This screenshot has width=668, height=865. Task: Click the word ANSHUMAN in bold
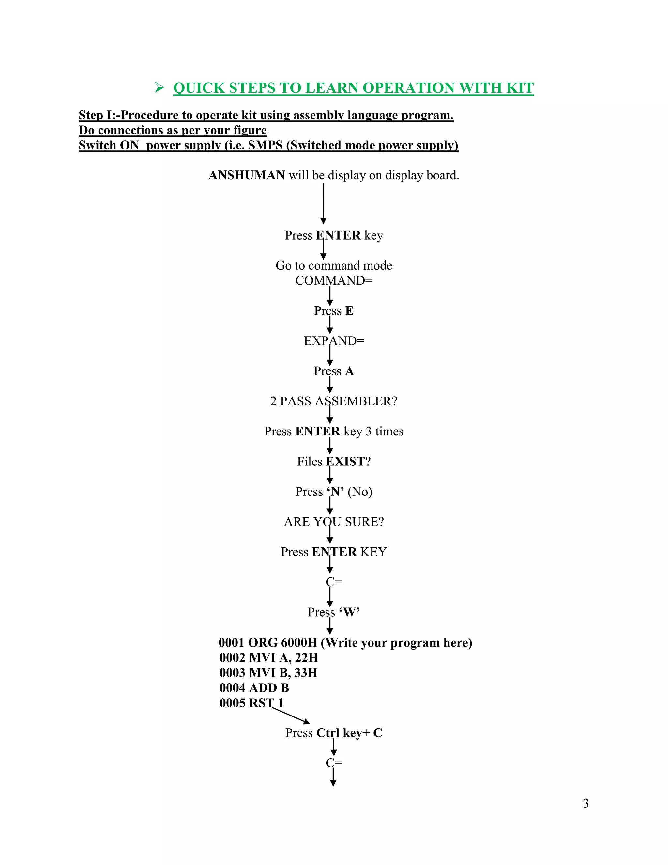[246, 175]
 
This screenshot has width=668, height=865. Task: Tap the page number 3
[586, 803]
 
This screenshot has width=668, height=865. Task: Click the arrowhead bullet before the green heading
[159, 87]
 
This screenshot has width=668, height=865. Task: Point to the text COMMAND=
[334, 280]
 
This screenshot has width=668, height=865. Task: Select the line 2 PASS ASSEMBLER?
[334, 401]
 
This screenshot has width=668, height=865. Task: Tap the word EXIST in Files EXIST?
[345, 462]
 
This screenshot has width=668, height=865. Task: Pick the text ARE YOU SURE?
[334, 522]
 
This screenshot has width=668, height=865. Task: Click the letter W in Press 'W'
[349, 612]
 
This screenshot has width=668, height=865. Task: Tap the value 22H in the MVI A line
[306, 657]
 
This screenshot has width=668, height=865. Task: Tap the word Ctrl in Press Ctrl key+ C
[328, 733]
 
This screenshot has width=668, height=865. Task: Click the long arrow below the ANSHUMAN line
[323, 203]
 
